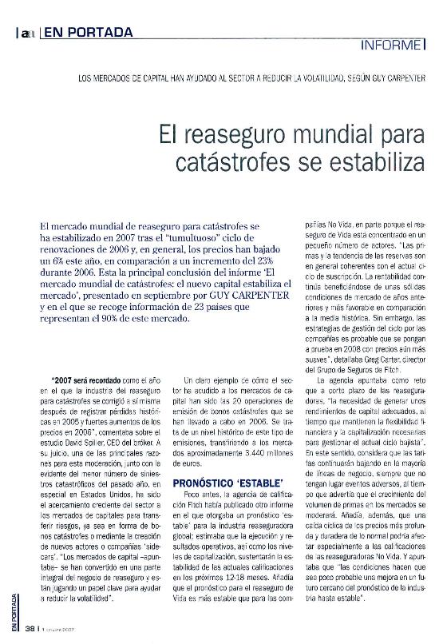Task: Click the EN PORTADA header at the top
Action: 88,33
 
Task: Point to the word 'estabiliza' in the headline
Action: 370,161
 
